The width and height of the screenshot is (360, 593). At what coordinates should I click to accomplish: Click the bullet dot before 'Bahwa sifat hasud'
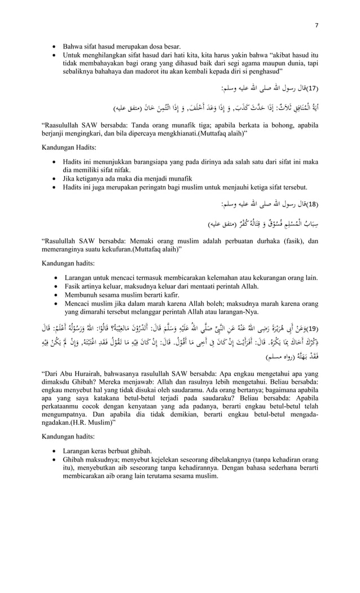click(x=55, y=46)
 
